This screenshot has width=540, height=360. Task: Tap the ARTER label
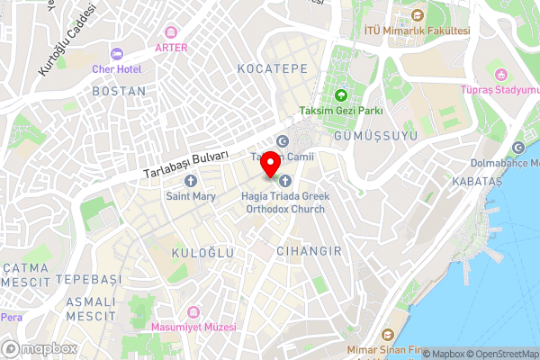[x=171, y=47]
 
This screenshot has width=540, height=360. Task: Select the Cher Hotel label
[x=117, y=68]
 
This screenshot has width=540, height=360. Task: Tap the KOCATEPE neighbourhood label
[x=272, y=68]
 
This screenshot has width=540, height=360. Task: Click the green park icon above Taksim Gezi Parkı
[x=341, y=94]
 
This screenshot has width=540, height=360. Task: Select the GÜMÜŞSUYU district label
[x=363, y=135]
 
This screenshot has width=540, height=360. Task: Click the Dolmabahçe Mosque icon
[x=517, y=148]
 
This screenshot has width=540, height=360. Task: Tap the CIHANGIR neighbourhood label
[x=309, y=251]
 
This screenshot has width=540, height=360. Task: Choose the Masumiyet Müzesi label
[x=193, y=327]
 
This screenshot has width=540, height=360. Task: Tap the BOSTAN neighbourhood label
[x=119, y=92]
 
